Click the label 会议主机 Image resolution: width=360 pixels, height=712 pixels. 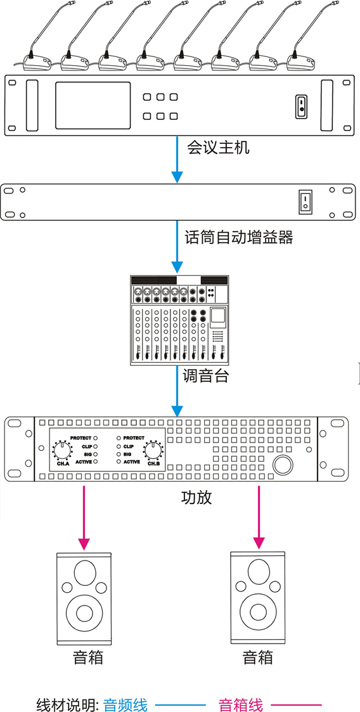pos(219,148)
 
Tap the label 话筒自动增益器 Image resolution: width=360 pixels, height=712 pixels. pos(239,237)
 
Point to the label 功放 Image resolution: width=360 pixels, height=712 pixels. pos(196,498)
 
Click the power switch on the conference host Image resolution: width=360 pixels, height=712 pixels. pos(302,107)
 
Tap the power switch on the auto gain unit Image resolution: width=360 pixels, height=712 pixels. pos(305,202)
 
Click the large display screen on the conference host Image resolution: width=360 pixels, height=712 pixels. pos(93,105)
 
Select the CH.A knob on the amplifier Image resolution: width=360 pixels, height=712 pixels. pos(62,450)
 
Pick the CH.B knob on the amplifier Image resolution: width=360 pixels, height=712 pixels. pos(153,450)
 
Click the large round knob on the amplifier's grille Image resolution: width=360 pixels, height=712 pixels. pos(282,465)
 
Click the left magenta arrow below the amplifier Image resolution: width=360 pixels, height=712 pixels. pos(84,517)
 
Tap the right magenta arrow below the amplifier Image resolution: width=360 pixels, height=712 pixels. pos(259,517)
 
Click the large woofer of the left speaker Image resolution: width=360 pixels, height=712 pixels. pos(84,613)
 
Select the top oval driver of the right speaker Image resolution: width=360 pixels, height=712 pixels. pos(258,573)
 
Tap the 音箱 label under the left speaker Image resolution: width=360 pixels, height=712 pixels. pos(88,657)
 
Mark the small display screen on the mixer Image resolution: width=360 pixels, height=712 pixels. pos(218,318)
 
